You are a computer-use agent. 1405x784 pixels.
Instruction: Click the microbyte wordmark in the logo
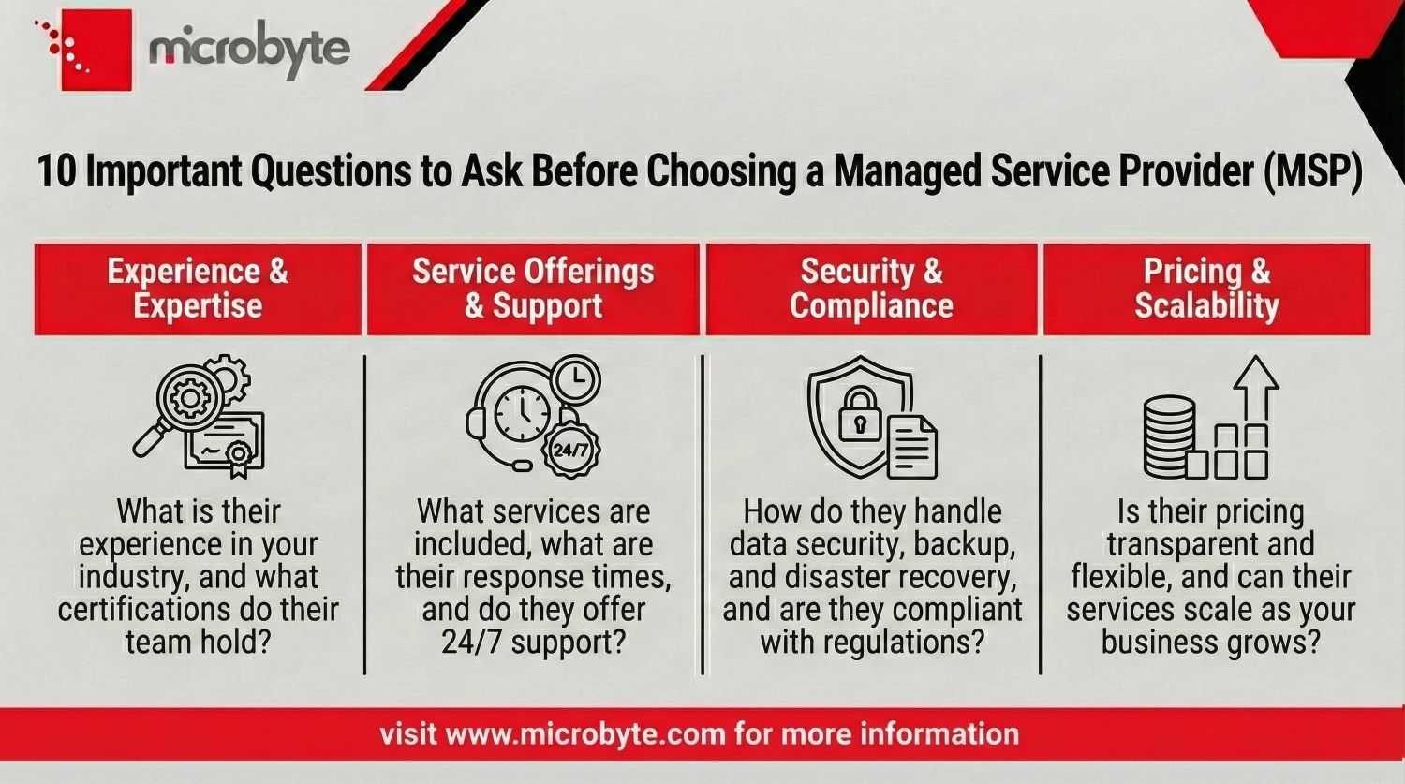point(249,50)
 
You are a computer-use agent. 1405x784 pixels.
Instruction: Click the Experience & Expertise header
point(198,288)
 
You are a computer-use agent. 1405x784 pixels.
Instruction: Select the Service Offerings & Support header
point(533,288)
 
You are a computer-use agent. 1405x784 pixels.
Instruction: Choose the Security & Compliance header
point(871,288)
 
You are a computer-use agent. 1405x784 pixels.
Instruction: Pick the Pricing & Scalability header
point(1206,288)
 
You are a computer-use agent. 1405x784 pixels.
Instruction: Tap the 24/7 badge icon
point(570,449)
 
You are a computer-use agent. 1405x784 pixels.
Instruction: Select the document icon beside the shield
point(911,447)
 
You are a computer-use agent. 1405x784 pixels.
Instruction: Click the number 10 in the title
point(55,173)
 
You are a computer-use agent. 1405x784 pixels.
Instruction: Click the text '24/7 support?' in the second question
point(533,642)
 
